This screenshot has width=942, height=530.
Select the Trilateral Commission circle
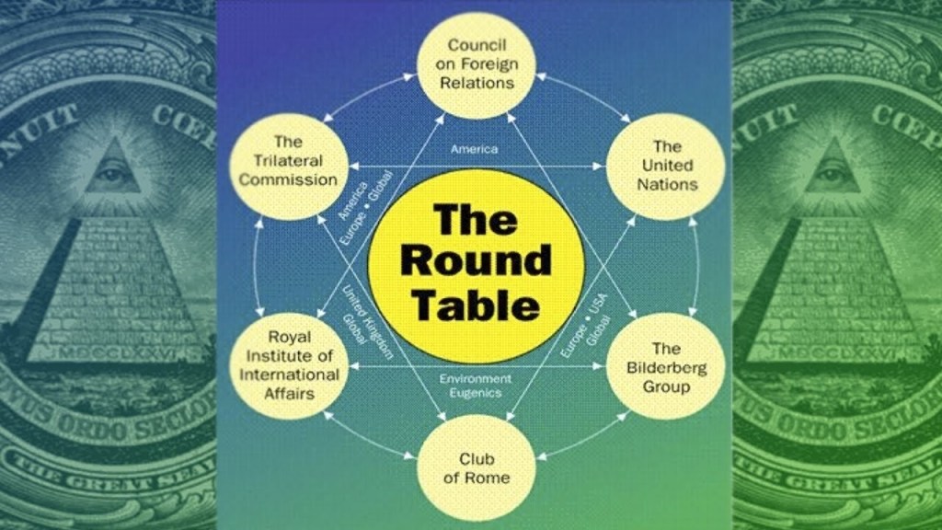point(288,162)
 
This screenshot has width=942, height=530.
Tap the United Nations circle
point(667,166)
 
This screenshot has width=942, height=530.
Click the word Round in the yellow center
point(476,260)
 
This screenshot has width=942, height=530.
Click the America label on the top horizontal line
point(474,149)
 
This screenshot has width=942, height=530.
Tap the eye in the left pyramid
point(111,172)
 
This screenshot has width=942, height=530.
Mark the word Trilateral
point(288,161)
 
